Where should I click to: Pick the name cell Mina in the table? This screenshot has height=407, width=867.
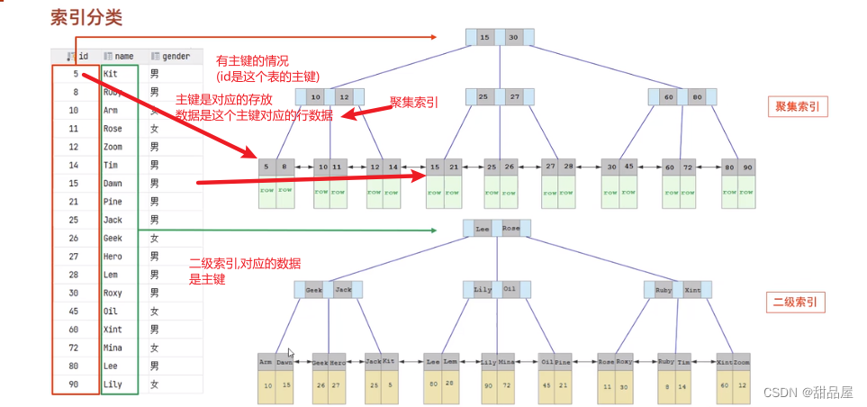113,348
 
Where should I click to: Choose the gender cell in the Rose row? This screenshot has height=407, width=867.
155,129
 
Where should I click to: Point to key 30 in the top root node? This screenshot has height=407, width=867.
513,38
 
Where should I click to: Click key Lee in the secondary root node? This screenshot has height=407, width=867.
483,229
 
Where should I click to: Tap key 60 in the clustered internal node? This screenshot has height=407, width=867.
669,97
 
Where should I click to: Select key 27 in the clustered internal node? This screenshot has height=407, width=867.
515,97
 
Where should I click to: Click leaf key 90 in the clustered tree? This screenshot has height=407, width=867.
748,167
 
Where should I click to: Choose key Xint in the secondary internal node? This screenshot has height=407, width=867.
691,290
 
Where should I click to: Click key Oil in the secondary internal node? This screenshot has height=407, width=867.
510,290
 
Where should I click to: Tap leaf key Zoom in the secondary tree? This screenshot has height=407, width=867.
741,361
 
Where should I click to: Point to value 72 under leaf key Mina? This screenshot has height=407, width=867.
507,384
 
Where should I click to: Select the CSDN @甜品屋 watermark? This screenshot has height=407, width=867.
808,392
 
